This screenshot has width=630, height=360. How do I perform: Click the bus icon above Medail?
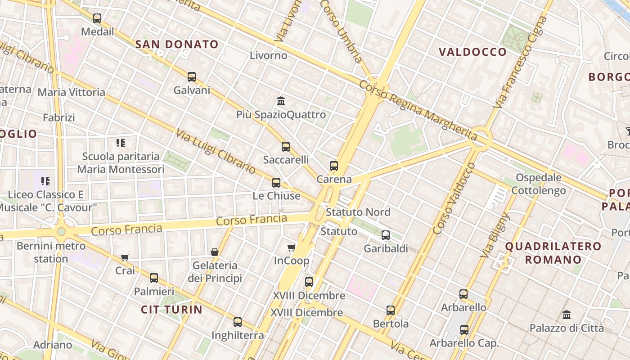tap(97, 18)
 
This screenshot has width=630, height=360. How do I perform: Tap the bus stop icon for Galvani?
tap(192, 77)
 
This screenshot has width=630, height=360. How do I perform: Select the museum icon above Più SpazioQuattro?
tap(281, 101)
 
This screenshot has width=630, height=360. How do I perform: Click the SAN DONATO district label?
tap(177, 44)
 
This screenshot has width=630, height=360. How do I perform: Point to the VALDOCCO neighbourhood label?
tap(473, 52)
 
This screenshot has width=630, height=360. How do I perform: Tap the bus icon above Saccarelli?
tap(286, 146)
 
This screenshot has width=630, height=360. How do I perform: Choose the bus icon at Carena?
tap(334, 166)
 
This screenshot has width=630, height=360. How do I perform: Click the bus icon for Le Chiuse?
tap(276, 182)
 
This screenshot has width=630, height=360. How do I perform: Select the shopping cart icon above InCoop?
tap(292, 247)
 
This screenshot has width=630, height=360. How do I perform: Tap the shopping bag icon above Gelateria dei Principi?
tap(215, 252)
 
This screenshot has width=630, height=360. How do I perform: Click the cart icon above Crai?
tap(125, 257)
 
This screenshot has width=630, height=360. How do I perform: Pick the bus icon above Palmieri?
tap(154, 278)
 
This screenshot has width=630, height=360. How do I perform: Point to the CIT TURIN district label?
tap(172, 309)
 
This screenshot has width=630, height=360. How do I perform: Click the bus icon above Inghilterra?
tap(238, 322)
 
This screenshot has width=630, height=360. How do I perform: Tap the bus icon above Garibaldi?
tap(386, 235)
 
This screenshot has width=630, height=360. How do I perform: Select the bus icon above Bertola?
tap(391, 310)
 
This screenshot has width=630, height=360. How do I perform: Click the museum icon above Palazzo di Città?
tap(567, 315)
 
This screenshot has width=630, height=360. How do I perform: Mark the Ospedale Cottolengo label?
tap(539, 184)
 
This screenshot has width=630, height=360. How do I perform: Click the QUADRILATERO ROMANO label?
tap(553, 253)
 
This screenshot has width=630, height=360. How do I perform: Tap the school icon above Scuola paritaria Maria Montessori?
tap(120, 143)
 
